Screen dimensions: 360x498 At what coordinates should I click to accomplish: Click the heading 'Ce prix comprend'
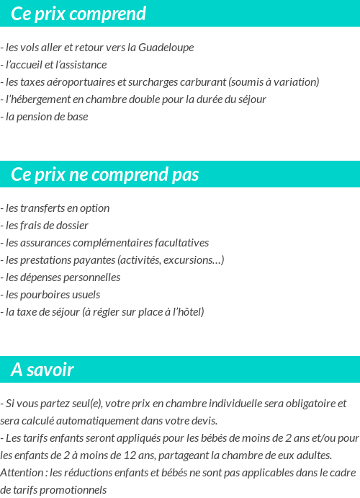point(78,14)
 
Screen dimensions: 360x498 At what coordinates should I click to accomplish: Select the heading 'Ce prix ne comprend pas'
point(105,175)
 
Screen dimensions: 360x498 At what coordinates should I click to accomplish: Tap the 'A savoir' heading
point(42,370)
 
